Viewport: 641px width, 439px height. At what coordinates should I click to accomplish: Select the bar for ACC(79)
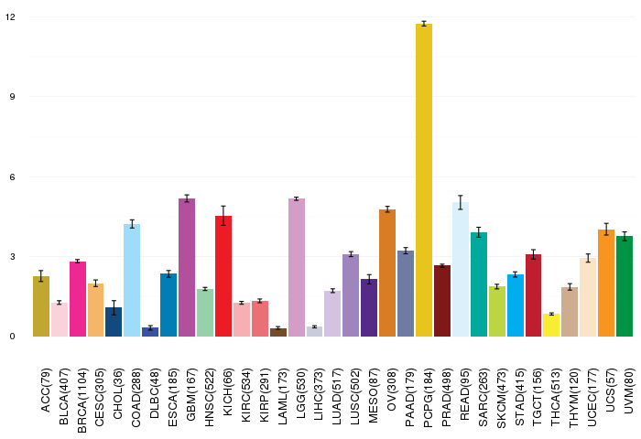coord(41,306)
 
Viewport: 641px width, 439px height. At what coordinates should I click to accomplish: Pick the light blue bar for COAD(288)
coord(132,280)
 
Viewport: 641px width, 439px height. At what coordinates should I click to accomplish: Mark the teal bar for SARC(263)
coord(479,284)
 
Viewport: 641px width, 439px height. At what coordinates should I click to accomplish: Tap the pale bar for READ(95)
coord(461,270)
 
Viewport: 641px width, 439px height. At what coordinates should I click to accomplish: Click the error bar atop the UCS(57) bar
coord(606,230)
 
